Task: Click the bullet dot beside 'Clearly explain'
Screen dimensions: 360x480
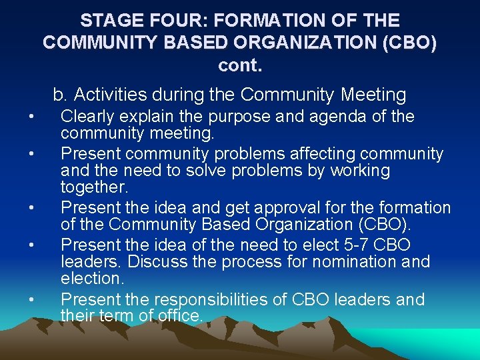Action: pyautogui.click(x=31, y=118)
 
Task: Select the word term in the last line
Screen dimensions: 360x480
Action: pyautogui.click(x=117, y=315)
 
